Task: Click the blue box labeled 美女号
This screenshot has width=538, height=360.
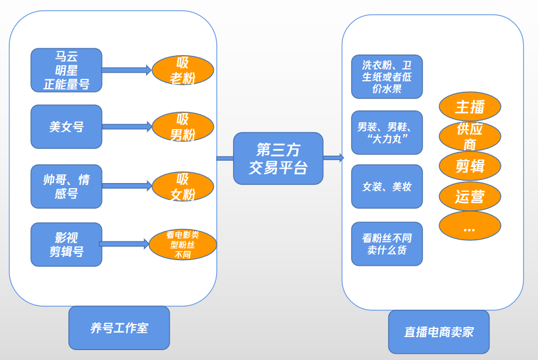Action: [66, 127]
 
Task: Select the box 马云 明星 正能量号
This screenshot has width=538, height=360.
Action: [66, 70]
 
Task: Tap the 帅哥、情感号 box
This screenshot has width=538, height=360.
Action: [66, 186]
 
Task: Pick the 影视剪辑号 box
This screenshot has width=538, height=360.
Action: [66, 245]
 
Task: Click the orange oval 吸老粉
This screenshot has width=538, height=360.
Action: [183, 70]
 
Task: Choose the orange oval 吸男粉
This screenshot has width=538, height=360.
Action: [183, 127]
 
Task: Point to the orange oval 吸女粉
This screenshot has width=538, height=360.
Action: [183, 186]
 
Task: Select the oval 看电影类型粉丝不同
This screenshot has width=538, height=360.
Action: [183, 245]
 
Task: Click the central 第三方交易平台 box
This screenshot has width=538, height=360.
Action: [278, 158]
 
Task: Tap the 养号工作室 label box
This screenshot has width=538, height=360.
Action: [119, 328]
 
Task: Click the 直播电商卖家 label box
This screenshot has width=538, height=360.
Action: [439, 332]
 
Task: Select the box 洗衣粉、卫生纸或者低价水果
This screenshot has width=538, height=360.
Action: [386, 77]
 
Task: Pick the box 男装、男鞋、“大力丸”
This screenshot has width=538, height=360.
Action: [386, 132]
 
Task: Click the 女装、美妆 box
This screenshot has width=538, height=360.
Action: [386, 186]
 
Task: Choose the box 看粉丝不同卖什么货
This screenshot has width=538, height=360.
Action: [386, 243]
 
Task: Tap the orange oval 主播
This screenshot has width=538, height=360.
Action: [470, 107]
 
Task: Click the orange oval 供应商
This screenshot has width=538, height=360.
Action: [470, 137]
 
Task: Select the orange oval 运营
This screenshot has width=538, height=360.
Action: [470, 197]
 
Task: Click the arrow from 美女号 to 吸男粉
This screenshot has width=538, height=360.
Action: [127, 127]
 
